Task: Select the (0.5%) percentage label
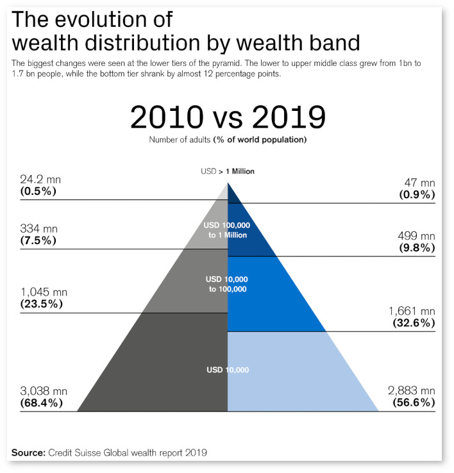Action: [38, 191]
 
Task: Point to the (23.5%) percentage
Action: [42, 304]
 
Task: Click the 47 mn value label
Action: [419, 183]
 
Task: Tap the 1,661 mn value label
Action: [412, 311]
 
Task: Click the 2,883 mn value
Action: [412, 390]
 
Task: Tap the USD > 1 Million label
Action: [228, 171]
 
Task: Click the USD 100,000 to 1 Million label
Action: [228, 230]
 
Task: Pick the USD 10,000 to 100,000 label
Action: [228, 285]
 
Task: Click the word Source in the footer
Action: [28, 452]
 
